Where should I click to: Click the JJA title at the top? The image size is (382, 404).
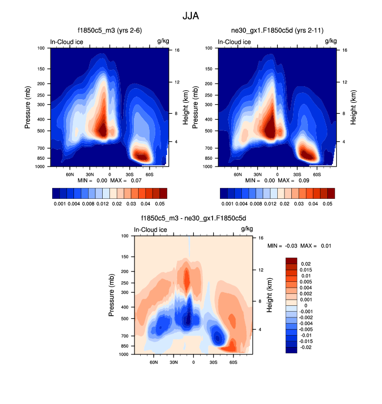(x=191, y=16)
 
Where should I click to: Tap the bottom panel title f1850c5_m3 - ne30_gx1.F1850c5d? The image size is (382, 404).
(x=193, y=219)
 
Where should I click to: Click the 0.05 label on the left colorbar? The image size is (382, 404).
(x=161, y=203)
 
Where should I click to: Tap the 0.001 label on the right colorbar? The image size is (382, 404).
(x=227, y=203)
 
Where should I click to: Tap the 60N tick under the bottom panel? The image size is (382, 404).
(x=154, y=361)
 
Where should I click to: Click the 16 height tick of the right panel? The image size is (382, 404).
(x=345, y=50)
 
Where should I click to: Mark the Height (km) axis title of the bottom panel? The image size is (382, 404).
(x=270, y=295)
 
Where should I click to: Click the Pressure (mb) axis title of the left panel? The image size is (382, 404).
(x=28, y=107)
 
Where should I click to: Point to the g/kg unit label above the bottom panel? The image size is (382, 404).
(x=247, y=229)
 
